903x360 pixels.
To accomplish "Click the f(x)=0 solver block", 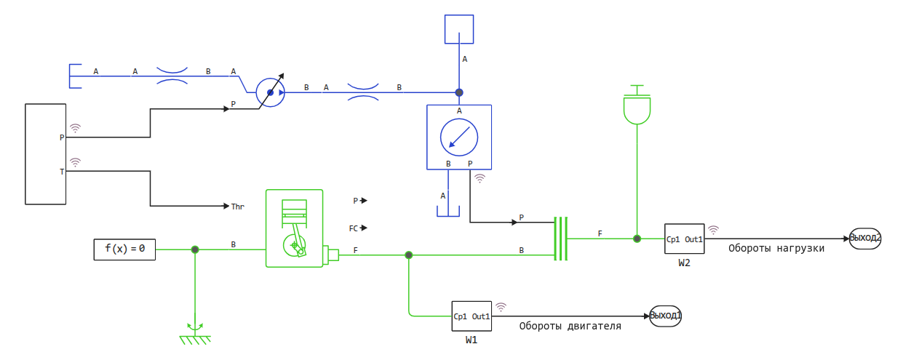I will coord(124,249).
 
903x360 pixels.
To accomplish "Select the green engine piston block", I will coord(295,228).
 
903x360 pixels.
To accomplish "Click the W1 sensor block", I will coord(472,316).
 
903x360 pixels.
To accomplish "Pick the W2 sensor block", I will coord(684,239).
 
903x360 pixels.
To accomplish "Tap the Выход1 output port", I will coord(666,316).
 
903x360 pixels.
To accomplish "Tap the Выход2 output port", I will coord(865,238).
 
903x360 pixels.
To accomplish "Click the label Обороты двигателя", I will coord(570,326).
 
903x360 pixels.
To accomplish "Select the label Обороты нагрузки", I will coord(776,248).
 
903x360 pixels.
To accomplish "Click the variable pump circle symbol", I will coord(270,92).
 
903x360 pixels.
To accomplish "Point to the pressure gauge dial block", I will coord(459,137).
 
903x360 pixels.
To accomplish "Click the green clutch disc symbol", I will coord(560,238).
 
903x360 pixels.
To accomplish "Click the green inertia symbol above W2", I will coord(637,105).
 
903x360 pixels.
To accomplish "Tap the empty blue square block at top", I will coord(459,29).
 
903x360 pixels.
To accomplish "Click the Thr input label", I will coord(237,207).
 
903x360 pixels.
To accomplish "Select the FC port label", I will coord(354,228).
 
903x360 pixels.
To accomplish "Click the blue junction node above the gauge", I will coord(459,92).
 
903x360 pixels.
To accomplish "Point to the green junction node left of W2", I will coord(637,239).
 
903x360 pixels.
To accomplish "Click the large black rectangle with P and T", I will coord(46,153).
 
